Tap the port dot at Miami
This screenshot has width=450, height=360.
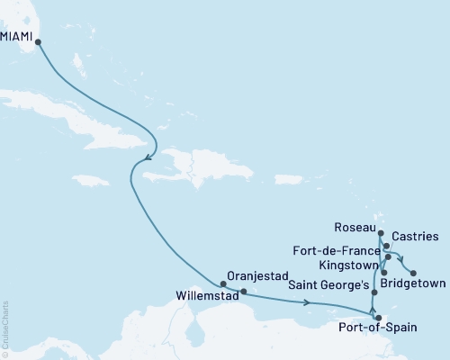point(38,41)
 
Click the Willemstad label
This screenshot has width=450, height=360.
point(200,293)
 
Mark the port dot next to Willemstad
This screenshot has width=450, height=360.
point(240,291)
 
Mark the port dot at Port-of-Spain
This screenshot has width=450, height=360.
point(378,317)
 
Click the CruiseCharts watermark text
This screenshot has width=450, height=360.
point(6,328)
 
